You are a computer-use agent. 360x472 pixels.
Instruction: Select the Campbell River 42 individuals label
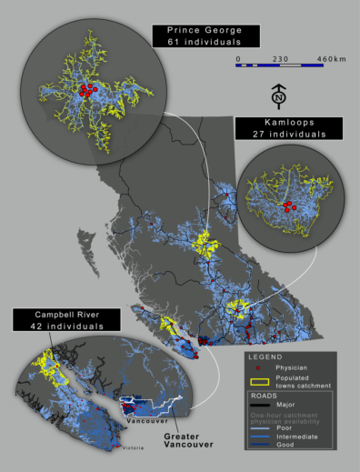pyautogui.click(x=66, y=319)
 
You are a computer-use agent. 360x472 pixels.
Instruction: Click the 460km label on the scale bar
pyautogui.click(x=332, y=59)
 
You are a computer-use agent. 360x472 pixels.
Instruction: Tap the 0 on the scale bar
pyautogui.click(x=238, y=59)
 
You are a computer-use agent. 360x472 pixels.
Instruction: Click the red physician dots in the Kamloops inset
pyautogui.click(x=288, y=206)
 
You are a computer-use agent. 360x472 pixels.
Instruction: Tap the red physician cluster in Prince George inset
pyautogui.click(x=86, y=89)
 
